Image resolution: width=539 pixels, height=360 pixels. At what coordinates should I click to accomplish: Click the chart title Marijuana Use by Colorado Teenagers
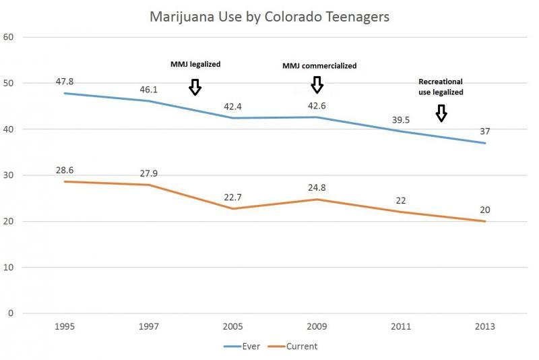(269, 17)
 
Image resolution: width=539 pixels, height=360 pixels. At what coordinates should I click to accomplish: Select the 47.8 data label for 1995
(65, 82)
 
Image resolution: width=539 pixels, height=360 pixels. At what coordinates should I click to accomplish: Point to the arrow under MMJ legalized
(195, 87)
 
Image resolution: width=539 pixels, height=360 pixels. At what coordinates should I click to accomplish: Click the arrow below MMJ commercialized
(317, 85)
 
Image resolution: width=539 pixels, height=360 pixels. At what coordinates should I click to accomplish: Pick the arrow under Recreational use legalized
(441, 113)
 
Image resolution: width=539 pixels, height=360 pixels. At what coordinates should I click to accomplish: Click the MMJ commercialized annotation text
(319, 66)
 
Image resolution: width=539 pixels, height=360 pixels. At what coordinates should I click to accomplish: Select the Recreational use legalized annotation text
(441, 87)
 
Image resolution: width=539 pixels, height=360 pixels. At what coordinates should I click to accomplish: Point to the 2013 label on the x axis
(485, 327)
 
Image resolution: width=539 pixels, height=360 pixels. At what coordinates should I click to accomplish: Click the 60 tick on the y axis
(9, 37)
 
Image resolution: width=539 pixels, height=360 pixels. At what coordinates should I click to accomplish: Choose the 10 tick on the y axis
(9, 268)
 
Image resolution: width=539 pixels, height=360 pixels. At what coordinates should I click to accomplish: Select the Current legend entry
(296, 347)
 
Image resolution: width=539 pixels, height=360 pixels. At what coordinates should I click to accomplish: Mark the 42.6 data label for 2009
(317, 106)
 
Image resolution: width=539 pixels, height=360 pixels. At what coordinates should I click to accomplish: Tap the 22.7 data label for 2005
(232, 198)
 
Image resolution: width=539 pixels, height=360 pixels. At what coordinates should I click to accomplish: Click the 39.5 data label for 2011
(401, 119)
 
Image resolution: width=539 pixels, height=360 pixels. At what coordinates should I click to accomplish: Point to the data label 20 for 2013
(485, 210)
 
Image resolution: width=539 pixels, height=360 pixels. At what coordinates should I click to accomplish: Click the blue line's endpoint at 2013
(485, 143)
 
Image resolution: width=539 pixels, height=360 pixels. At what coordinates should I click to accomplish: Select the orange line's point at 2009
(317, 200)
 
